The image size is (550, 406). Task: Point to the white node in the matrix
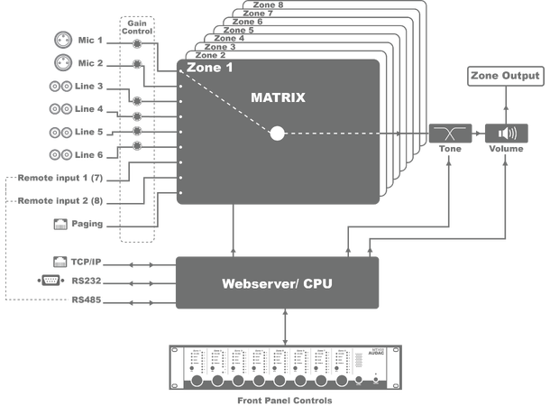click(x=277, y=134)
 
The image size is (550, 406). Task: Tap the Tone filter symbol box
click(x=445, y=134)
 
